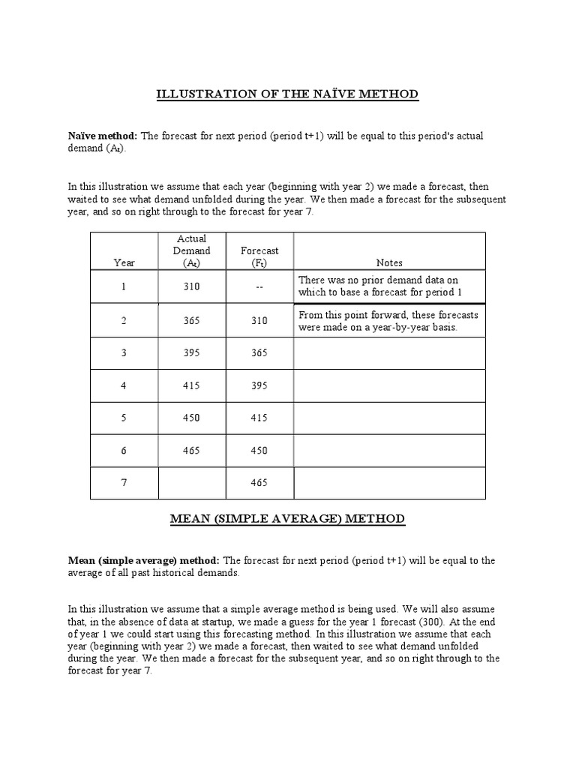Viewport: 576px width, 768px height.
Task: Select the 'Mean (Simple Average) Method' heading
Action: [x=287, y=518]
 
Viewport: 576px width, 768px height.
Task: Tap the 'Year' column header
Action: [x=124, y=262]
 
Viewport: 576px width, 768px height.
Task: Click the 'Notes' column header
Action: [x=389, y=262]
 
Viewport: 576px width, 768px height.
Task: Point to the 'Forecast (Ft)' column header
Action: [x=259, y=256]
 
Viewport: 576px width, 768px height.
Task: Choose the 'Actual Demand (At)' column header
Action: [x=191, y=250]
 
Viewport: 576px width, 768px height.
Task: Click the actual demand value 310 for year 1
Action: [x=191, y=286]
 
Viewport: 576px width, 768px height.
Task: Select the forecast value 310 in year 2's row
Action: [x=259, y=320]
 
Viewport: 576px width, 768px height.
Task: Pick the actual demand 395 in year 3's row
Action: [x=191, y=353]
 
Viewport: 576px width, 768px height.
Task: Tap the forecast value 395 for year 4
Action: [x=259, y=385]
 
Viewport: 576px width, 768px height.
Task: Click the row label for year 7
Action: [x=124, y=483]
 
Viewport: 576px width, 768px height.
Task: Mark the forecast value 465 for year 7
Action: [x=259, y=483]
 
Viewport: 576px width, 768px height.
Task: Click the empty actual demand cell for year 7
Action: [x=191, y=483]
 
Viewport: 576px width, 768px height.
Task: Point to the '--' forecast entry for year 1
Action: [x=259, y=286]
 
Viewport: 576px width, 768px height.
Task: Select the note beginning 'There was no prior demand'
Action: [x=388, y=286]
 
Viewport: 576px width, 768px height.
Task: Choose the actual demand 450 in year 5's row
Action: [x=191, y=418]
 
